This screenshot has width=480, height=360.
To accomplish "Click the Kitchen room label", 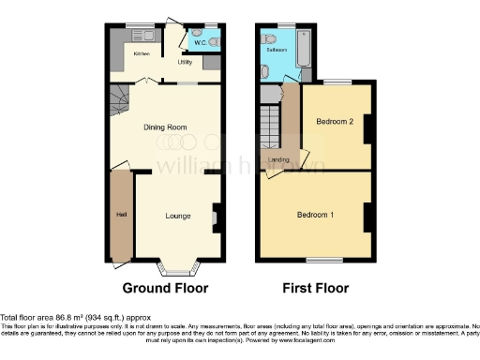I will click(x=141, y=53).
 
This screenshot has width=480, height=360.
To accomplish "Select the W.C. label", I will click(x=199, y=42).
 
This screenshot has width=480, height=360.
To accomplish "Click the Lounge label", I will click(x=178, y=216).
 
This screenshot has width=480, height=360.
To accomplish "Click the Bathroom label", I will click(x=276, y=50).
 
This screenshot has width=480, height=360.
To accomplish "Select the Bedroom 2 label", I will click(x=334, y=122).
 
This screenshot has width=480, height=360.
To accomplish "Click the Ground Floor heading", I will click(x=165, y=288).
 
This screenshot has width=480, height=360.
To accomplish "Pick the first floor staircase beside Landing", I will click(x=271, y=124).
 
